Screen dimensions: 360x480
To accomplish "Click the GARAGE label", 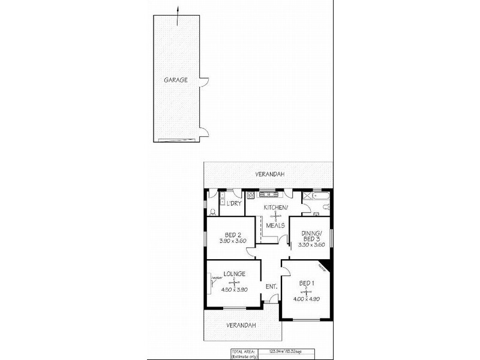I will [176, 79].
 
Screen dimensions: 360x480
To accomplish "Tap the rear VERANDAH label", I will [268, 175].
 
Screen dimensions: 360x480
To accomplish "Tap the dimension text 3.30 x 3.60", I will [311, 244].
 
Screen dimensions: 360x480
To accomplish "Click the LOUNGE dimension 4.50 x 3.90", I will [235, 289].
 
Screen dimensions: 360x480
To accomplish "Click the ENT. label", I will [271, 287].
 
